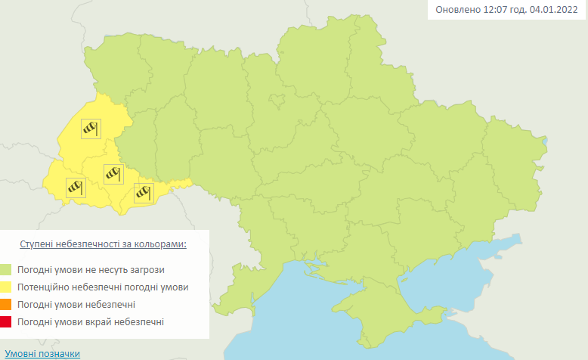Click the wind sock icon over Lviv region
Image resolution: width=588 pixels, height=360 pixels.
click(91, 129)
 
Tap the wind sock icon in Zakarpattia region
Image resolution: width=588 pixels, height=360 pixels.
click(75, 186)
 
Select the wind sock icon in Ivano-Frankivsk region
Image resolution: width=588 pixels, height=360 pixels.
click(113, 174)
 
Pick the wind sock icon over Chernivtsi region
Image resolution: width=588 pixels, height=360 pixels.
click(143, 192)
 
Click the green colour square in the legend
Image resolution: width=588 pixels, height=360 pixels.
click(6, 269)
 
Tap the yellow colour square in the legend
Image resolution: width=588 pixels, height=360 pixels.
click(6, 287)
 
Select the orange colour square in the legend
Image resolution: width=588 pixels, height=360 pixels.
click(6, 305)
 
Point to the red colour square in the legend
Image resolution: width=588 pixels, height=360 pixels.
click(6, 323)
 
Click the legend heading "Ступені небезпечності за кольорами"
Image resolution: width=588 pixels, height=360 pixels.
click(103, 245)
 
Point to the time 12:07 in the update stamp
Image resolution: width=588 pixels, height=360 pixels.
click(495, 11)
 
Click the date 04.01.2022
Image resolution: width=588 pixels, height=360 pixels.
click(556, 11)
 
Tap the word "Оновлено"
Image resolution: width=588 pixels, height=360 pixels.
click(457, 11)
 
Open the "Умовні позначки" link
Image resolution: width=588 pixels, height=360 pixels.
click(42, 353)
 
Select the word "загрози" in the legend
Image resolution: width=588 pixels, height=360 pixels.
click(147, 269)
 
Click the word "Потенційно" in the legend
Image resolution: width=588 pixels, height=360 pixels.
click(47, 287)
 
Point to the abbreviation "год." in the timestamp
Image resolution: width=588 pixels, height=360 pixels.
click(519, 11)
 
